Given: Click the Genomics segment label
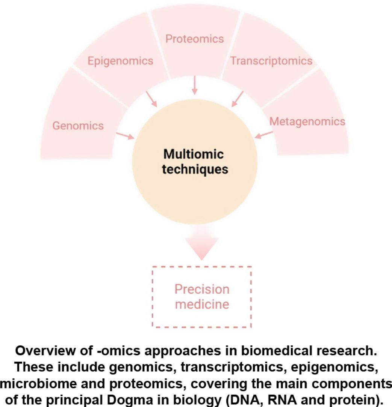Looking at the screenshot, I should pyautogui.click(x=78, y=126).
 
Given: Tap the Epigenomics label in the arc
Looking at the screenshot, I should pyautogui.click(x=120, y=61).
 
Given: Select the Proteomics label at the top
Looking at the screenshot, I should pyautogui.click(x=195, y=39).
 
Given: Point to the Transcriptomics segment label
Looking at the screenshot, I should pyautogui.click(x=271, y=61).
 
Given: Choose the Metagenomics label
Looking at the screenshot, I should pyautogui.click(x=307, y=122).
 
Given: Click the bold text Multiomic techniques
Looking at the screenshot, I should pyautogui.click(x=196, y=162).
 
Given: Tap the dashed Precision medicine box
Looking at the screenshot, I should pyautogui.click(x=202, y=296).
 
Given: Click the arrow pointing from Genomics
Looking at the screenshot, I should pyautogui.click(x=126, y=135).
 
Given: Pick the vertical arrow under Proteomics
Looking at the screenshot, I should pyautogui.click(x=194, y=86).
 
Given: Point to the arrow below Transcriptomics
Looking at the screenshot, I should pyautogui.click(x=238, y=99).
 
